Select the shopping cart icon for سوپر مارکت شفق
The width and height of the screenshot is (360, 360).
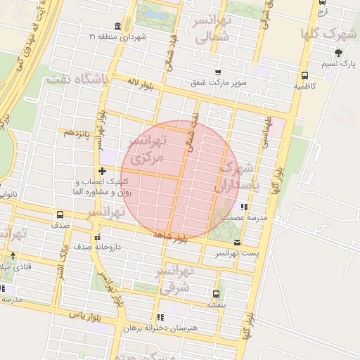click(218, 72)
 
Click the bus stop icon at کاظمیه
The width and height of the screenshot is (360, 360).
click(304, 75)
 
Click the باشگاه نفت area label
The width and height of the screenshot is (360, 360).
click(78, 79)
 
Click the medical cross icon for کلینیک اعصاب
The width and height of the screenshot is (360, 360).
click(103, 171)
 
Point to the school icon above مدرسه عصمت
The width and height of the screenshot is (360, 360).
click(243, 207)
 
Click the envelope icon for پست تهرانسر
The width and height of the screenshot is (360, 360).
click(236, 243)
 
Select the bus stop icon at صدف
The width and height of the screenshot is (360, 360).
click(60, 215)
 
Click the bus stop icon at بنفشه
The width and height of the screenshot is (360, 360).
click(215, 294)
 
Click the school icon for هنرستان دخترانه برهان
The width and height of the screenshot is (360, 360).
click(160, 318)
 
